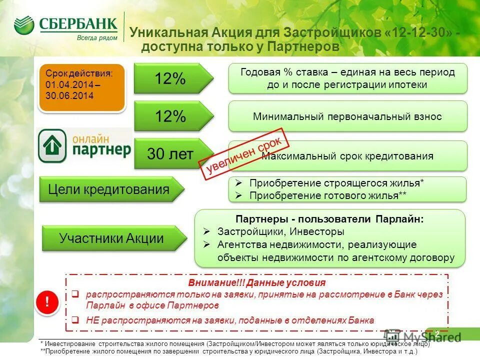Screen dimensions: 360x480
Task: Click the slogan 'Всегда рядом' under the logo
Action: click(97, 38)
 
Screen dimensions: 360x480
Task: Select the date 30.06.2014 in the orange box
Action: click(62, 96)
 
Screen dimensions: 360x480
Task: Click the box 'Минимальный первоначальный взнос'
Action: click(347, 116)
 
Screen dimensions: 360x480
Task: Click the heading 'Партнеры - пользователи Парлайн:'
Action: click(329, 219)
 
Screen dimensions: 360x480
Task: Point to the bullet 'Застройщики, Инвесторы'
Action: click(280, 232)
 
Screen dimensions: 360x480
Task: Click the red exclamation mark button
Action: click(47, 301)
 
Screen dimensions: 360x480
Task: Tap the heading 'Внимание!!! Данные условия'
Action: click(257, 282)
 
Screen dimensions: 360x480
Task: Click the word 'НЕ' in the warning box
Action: click(92, 320)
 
